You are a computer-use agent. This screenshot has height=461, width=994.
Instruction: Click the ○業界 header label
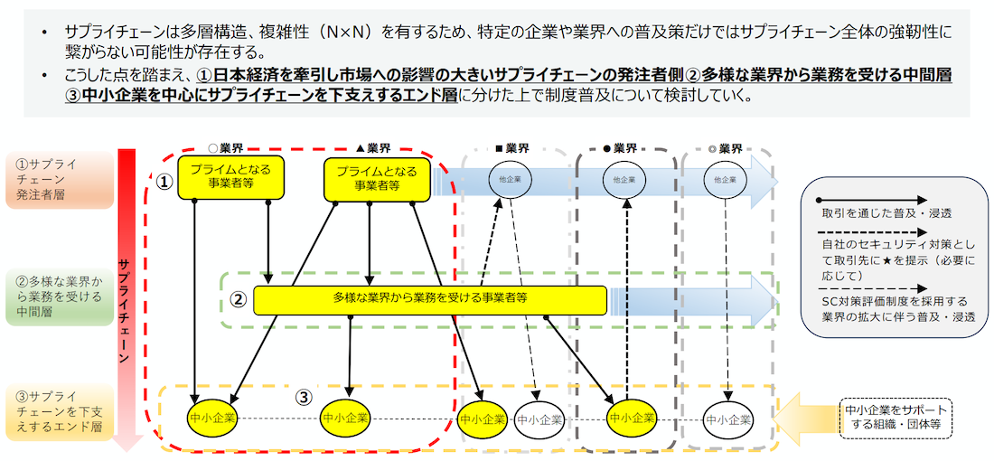[x=225, y=148]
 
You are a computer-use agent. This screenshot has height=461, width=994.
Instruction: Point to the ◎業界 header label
[x=726, y=148]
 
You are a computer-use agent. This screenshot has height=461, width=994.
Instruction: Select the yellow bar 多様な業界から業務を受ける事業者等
[x=430, y=300]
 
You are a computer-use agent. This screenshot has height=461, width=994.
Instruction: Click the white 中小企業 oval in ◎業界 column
[x=728, y=419]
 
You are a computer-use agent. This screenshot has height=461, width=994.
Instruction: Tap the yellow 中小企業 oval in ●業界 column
[x=631, y=419]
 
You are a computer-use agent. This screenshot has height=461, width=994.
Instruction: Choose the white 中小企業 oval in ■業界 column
[x=539, y=419]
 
